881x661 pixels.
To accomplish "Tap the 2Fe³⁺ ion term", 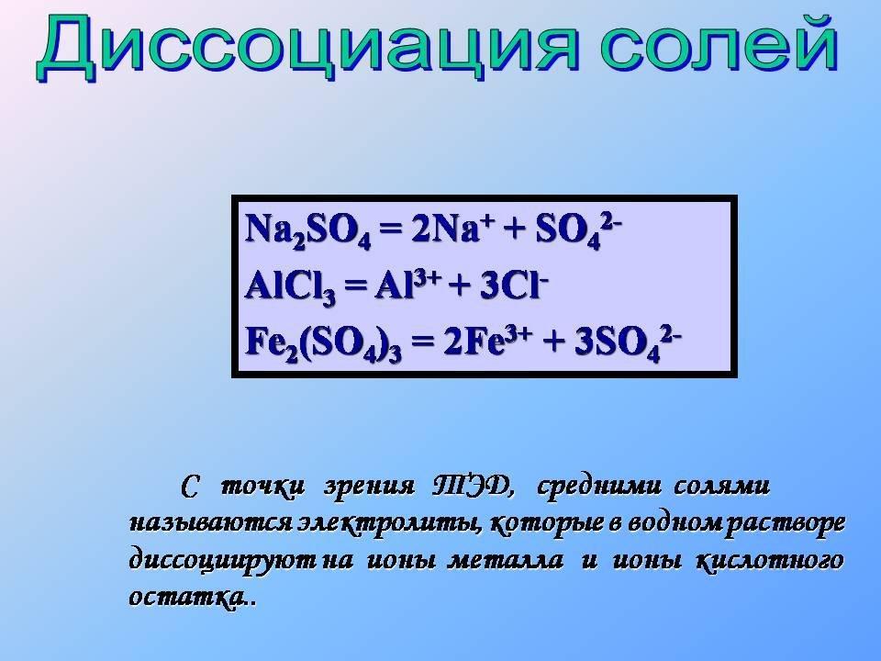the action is [487, 342].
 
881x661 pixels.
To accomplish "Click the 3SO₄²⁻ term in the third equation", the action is [628, 342].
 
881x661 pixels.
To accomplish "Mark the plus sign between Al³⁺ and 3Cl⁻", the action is [460, 287].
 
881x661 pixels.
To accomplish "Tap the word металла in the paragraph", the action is [505, 561].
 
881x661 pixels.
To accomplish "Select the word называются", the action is [211, 524].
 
